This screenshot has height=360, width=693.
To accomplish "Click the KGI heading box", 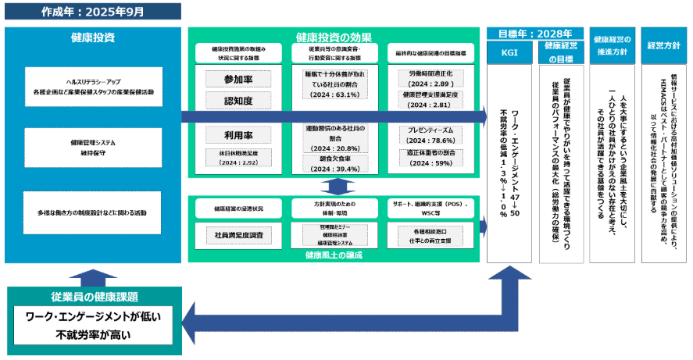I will click(x=509, y=51).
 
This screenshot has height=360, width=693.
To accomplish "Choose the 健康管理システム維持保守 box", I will click(x=92, y=148).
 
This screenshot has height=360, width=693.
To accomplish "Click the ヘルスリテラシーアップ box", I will click(x=92, y=87).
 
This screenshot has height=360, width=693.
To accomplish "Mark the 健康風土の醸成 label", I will click(x=334, y=255).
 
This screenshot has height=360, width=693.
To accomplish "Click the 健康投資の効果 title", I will click(x=334, y=37).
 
